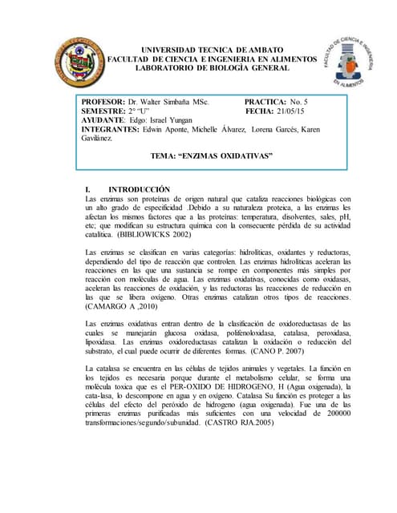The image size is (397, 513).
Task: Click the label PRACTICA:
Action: (265, 103)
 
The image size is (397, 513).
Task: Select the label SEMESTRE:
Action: (104, 111)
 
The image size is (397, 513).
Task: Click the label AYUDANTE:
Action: (105, 120)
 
